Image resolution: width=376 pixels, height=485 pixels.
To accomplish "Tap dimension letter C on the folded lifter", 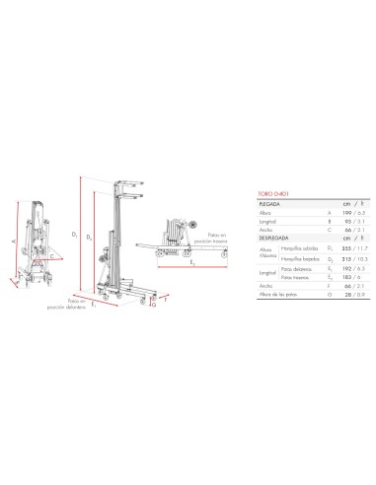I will [x=51, y=251].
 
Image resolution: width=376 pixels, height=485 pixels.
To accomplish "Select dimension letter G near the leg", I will [x=154, y=305].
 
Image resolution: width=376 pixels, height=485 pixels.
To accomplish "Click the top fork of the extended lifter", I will [x=130, y=184].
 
